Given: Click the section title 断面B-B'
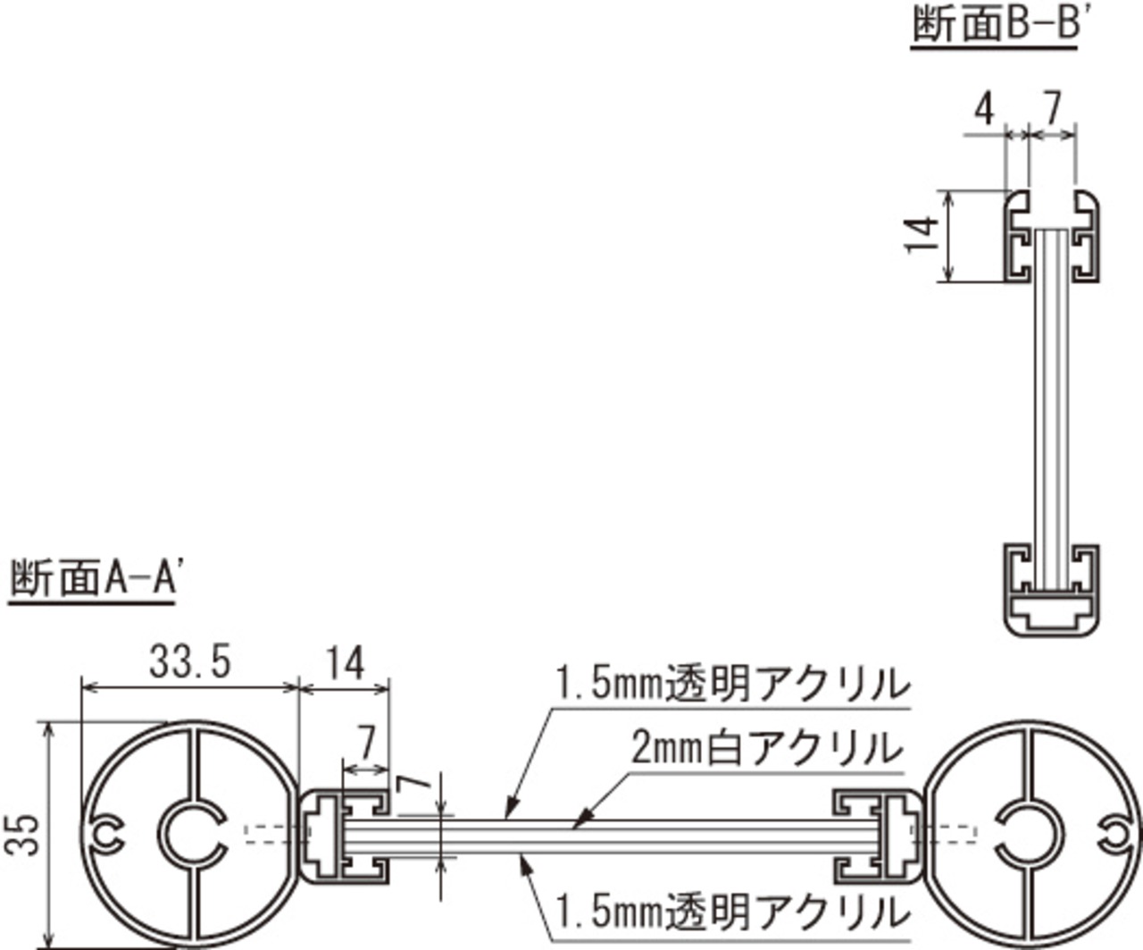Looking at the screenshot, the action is click(995, 26).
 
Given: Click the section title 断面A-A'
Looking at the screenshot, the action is click(94, 578).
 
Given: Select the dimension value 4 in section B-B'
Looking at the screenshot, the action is click(984, 111).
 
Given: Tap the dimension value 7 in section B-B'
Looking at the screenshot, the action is click(1051, 108).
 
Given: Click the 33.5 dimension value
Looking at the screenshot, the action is click(190, 662).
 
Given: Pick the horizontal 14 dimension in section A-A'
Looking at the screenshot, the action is click(345, 663).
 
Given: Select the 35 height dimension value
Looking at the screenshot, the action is click(22, 836).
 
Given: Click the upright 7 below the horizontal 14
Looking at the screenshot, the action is click(365, 743).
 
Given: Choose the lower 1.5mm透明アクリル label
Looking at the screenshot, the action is click(732, 912).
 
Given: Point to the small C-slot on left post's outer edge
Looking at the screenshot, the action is click(107, 835).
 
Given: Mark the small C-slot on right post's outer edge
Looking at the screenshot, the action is click(1118, 836).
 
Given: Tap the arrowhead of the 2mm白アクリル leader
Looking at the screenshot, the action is click(580, 822).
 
